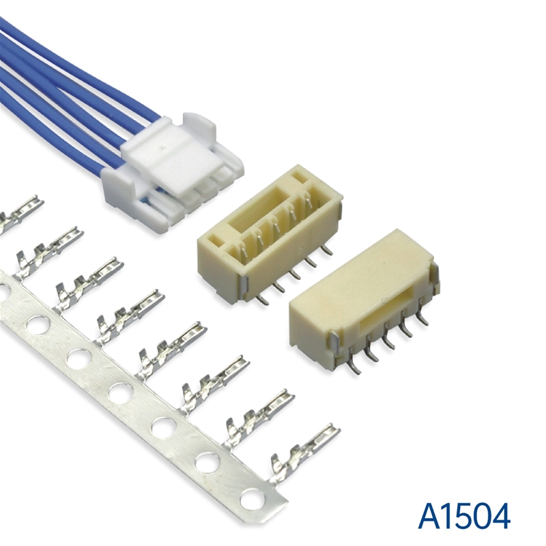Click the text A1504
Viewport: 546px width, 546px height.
tap(465, 515)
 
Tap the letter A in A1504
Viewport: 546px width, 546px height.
tap(431, 515)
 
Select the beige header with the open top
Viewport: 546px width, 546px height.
tap(270, 231)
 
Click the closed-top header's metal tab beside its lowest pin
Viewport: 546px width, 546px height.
tap(334, 345)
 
